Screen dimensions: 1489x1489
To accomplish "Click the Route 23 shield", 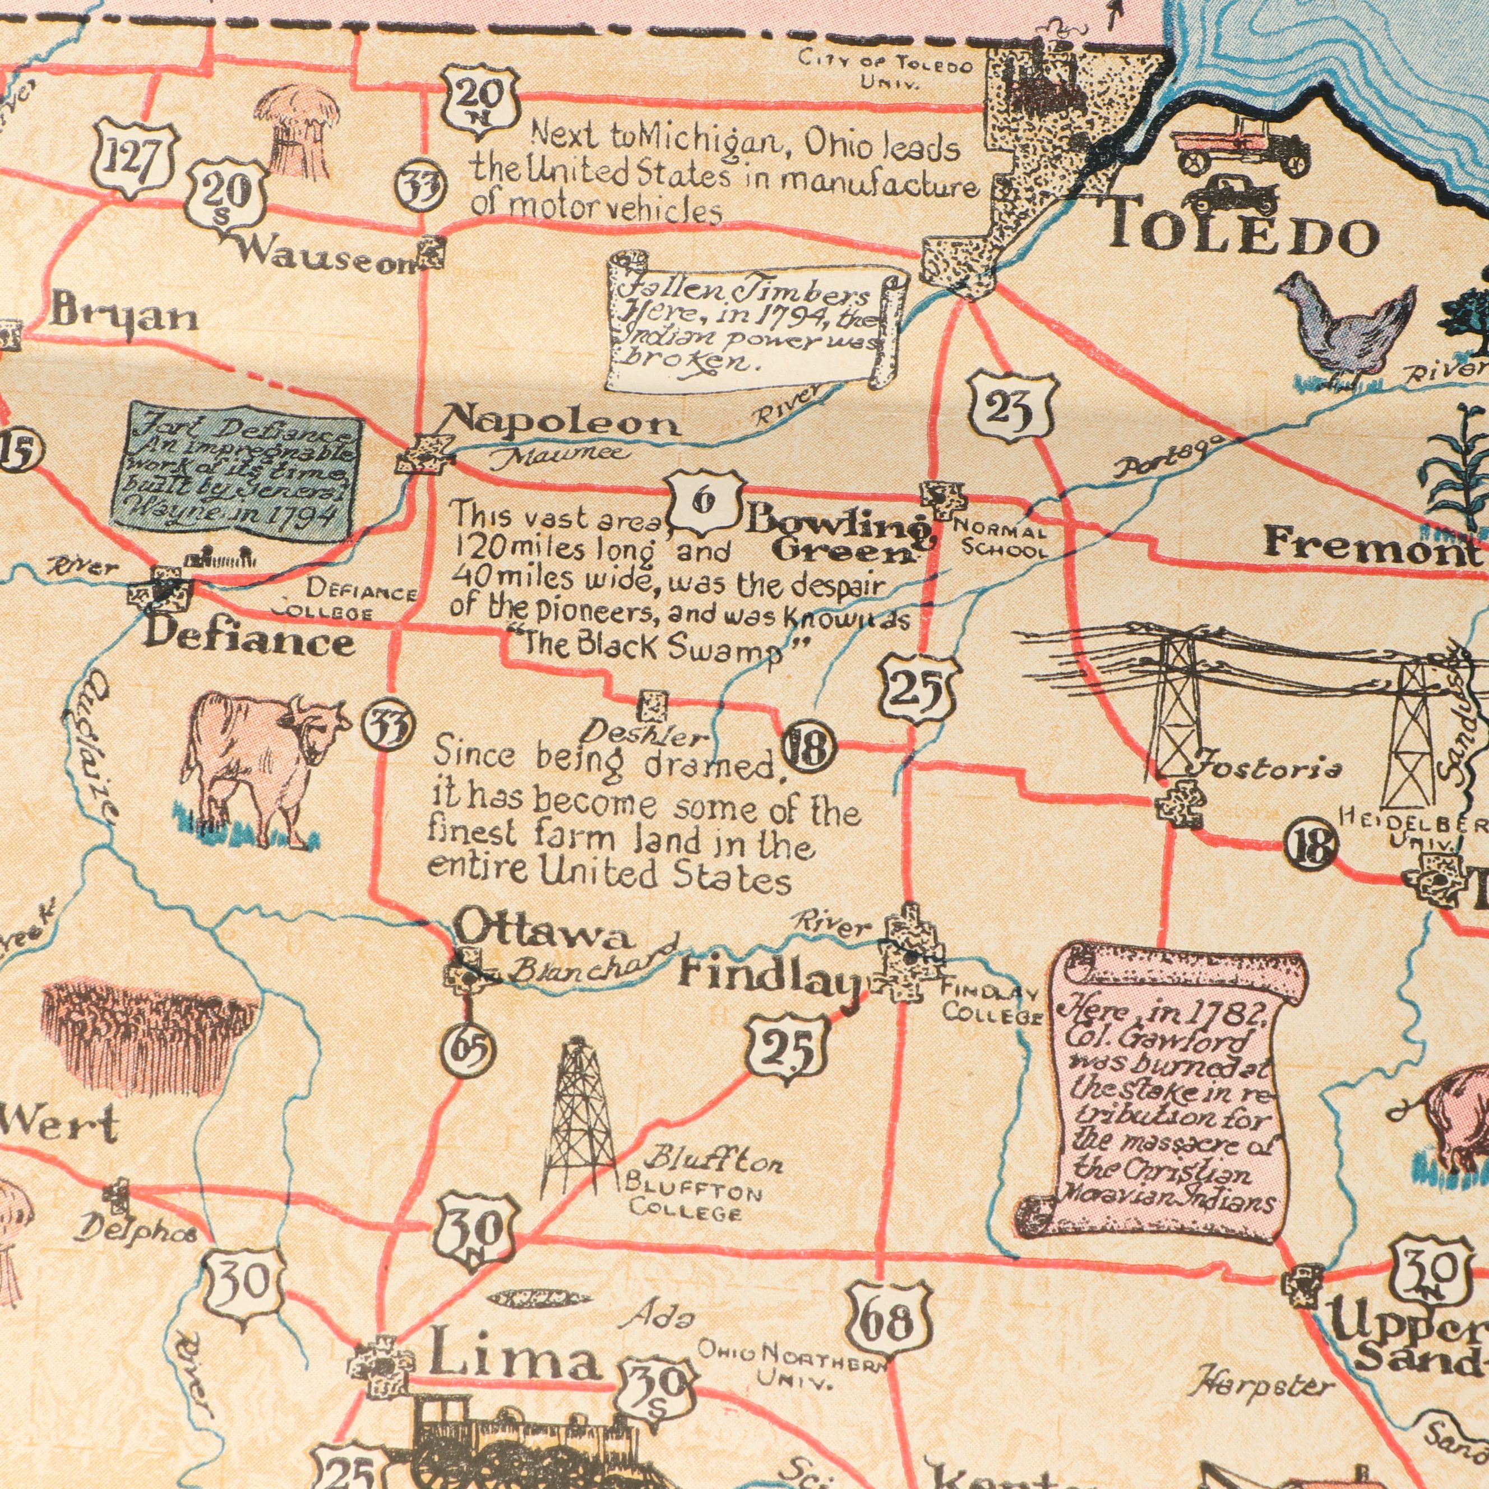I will point(1010,407).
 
